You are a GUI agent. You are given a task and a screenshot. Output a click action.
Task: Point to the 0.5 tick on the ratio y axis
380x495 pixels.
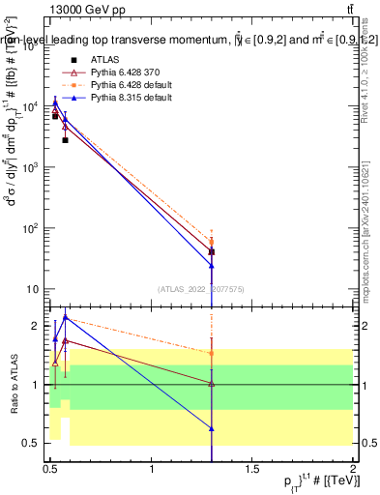click(x=33, y=443)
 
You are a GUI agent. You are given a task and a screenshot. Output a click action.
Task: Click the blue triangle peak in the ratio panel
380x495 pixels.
click(x=65, y=316)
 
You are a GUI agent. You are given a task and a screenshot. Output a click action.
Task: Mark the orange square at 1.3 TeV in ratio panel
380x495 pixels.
click(x=212, y=354)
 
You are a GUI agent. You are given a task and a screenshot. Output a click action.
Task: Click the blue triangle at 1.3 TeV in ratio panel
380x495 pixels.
click(x=212, y=427)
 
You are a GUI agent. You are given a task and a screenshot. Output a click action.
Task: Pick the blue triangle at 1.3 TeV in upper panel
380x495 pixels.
click(x=212, y=265)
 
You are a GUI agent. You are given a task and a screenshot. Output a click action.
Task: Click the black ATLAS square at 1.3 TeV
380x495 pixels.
click(x=212, y=251)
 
